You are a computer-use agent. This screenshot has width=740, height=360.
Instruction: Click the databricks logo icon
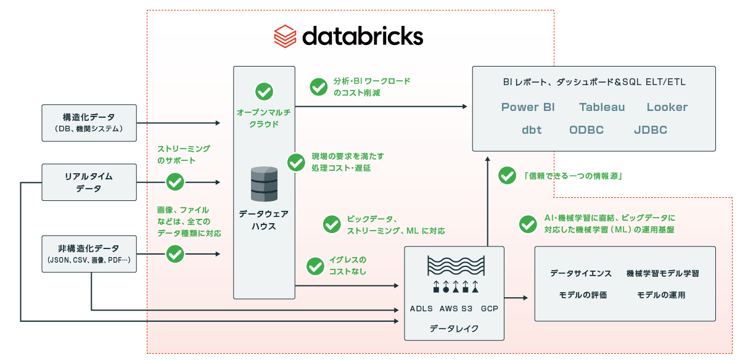pyautogui.click(x=286, y=36)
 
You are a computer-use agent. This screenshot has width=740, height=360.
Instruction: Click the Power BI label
pyautogui.click(x=528, y=107)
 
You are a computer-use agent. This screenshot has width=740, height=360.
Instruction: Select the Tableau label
pyautogui.click(x=602, y=107)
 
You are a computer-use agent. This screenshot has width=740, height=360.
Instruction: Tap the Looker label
pyautogui.click(x=667, y=107)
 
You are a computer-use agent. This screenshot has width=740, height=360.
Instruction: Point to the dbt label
pyautogui.click(x=532, y=130)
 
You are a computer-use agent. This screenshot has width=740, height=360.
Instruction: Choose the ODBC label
pyautogui.click(x=586, y=130)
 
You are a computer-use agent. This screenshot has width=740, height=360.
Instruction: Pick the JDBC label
pyautogui.click(x=650, y=130)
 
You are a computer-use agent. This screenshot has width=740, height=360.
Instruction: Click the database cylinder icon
pyautogui.click(x=264, y=183)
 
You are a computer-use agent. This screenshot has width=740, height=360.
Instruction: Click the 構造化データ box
pyautogui.click(x=89, y=122)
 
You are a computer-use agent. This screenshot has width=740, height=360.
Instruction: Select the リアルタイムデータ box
pyautogui.click(x=89, y=182)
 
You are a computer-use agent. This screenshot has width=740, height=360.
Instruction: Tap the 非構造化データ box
pyautogui.click(x=89, y=254)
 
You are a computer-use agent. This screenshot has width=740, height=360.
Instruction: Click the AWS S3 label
pyautogui.click(x=456, y=308)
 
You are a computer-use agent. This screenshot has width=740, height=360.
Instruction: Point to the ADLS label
pyautogui.click(x=422, y=308)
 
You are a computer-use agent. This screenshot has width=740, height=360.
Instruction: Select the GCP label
pyautogui.click(x=490, y=308)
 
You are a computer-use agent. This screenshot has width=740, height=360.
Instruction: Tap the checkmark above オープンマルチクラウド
pyautogui.click(x=264, y=92)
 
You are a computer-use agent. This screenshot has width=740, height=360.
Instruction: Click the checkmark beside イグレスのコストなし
pyautogui.click(x=316, y=266)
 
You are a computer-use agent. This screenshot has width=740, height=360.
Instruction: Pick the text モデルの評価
pyautogui.click(x=583, y=295)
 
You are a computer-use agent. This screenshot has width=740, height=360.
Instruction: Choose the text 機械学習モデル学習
pyautogui.click(x=662, y=273)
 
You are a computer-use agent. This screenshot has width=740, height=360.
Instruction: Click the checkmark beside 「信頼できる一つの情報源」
pyautogui.click(x=507, y=176)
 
